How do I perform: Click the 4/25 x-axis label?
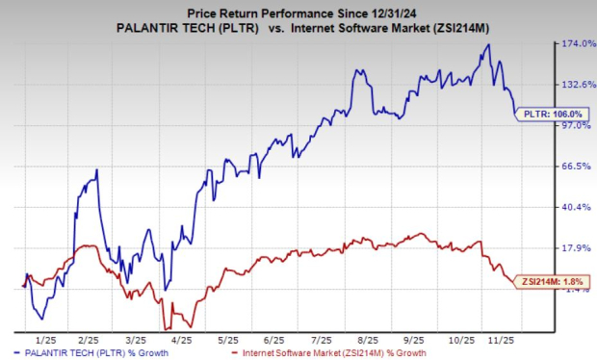tap(179, 340)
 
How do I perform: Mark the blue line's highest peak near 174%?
tap(489, 44)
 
